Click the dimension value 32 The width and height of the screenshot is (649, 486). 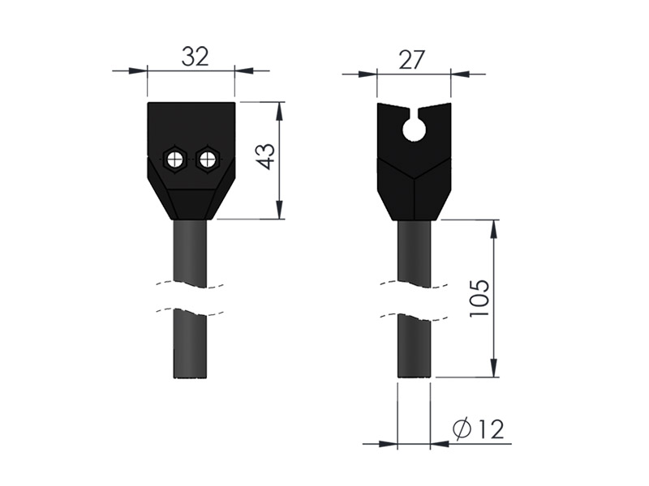click(x=195, y=57)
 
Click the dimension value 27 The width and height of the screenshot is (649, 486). click(x=411, y=60)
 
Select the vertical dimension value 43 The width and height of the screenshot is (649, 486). click(x=265, y=156)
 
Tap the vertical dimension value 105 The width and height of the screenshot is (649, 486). click(x=479, y=298)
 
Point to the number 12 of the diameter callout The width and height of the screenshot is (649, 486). click(x=491, y=429)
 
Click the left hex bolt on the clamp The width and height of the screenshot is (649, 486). click(x=175, y=159)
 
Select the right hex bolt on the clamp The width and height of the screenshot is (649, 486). click(x=207, y=159)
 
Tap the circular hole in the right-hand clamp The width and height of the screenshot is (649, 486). click(x=414, y=130)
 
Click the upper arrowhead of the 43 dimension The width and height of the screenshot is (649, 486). click(x=280, y=110)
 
